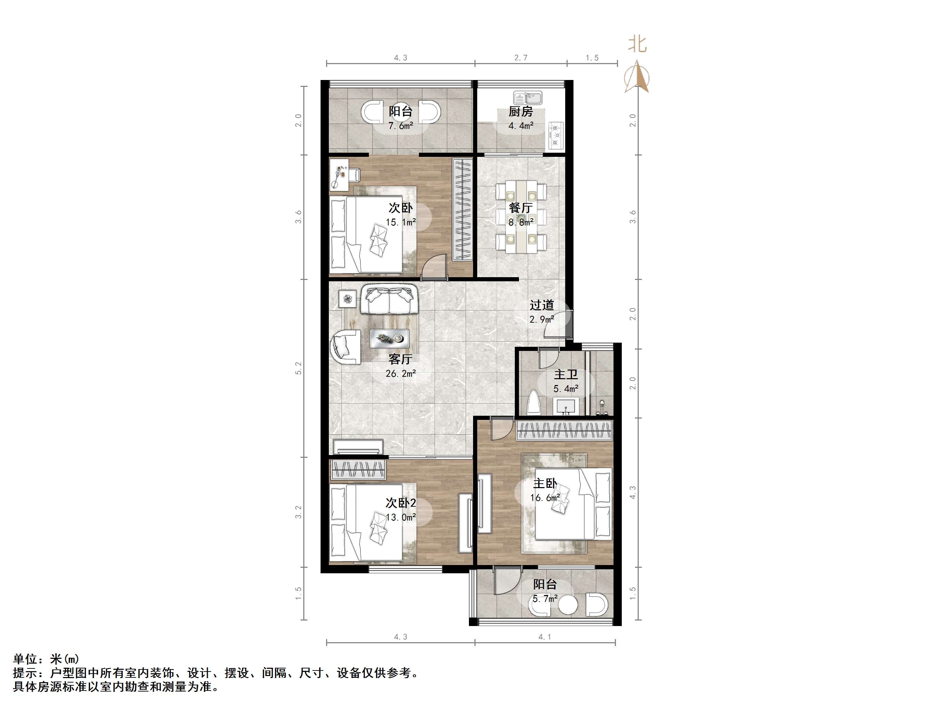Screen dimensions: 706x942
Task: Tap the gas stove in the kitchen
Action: pos(556,135)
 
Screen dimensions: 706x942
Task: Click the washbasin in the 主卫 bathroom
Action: pos(566,406)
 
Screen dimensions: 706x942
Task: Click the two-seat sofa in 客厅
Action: pos(389,300)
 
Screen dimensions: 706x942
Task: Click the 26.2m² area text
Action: pos(400,374)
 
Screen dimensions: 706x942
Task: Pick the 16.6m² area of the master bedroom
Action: pos(545,497)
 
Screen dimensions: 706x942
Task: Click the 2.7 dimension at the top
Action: pos(520,58)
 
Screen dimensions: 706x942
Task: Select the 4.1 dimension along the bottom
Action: pos(545,637)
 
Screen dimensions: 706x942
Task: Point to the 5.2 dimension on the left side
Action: pos(298,368)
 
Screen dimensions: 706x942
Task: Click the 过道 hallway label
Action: pos(542,305)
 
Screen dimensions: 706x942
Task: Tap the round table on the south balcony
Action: pos(568,605)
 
